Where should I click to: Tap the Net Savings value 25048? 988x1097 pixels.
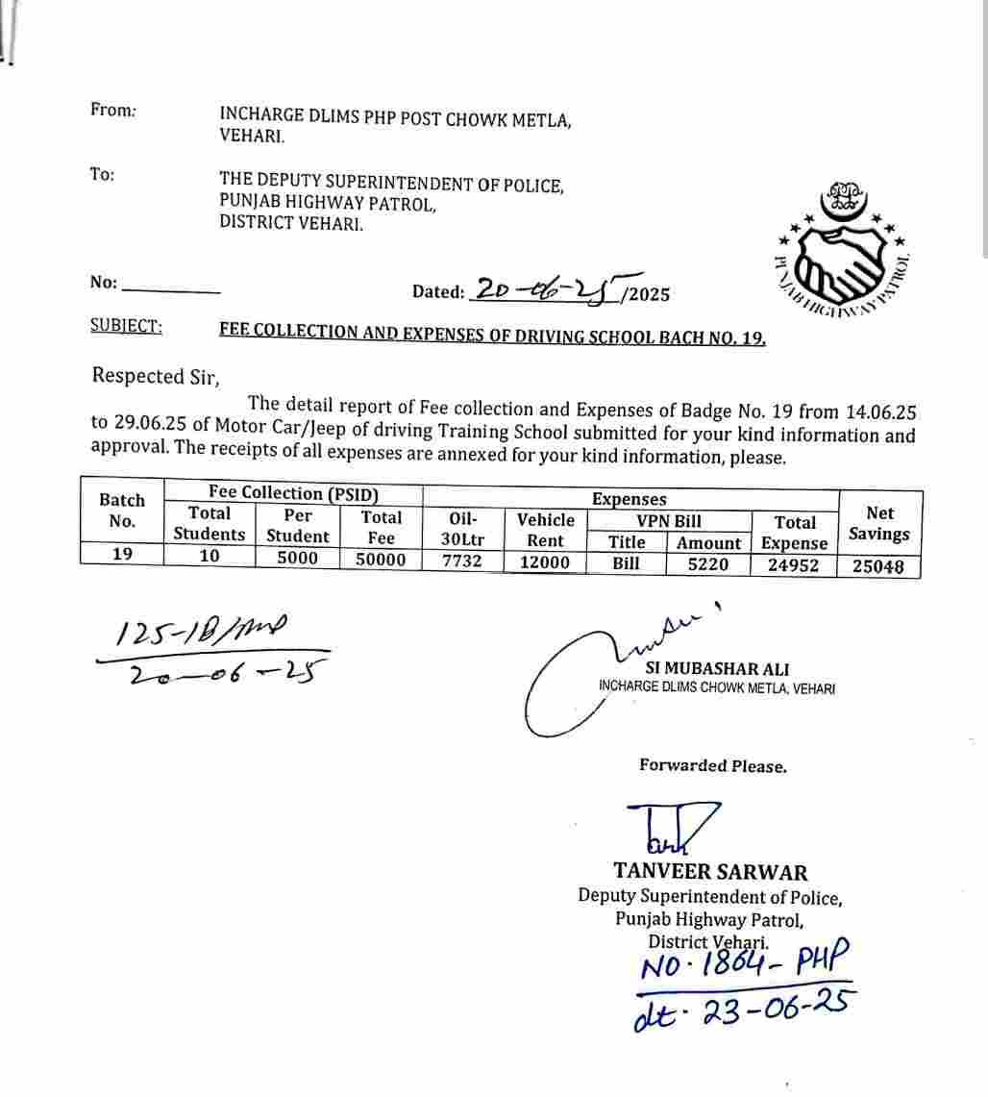pyautogui.click(x=877, y=566)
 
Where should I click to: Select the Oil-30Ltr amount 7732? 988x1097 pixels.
pyautogui.click(x=461, y=562)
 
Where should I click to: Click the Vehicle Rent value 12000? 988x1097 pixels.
pyautogui.click(x=544, y=562)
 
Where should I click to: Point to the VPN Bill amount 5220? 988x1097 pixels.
pyautogui.click(x=708, y=564)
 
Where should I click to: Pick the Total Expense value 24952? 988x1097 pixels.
pyautogui.click(x=793, y=565)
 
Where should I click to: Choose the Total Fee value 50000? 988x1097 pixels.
pyautogui.click(x=381, y=561)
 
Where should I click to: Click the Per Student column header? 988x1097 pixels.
pyautogui.click(x=298, y=526)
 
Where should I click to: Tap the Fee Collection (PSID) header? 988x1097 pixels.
pyautogui.click(x=293, y=493)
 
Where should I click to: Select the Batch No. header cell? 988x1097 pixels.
pyautogui.click(x=122, y=511)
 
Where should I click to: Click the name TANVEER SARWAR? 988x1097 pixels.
pyautogui.click(x=710, y=872)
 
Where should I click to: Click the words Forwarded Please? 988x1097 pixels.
pyautogui.click(x=713, y=766)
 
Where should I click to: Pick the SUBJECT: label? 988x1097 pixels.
pyautogui.click(x=126, y=326)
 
